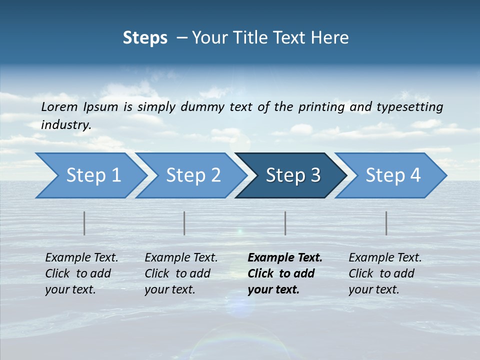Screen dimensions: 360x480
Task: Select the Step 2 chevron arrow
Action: (193, 175)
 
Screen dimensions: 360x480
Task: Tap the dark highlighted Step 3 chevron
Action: (293, 175)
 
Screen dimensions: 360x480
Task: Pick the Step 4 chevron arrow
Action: (393, 175)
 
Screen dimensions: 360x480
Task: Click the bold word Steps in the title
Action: (145, 38)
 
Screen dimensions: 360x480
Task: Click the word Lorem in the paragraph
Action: (59, 106)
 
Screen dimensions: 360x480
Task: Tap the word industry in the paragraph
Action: (66, 124)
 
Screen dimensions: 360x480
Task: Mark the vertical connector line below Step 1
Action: (84, 223)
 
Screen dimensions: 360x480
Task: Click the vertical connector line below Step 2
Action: (184, 223)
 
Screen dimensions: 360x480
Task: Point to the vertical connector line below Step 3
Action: (285, 223)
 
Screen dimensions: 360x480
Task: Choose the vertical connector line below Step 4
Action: (386, 223)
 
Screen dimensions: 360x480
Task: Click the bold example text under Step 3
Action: (284, 273)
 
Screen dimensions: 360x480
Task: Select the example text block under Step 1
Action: (81, 273)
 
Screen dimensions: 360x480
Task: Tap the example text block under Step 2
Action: (181, 273)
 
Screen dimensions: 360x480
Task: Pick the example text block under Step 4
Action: (385, 273)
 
